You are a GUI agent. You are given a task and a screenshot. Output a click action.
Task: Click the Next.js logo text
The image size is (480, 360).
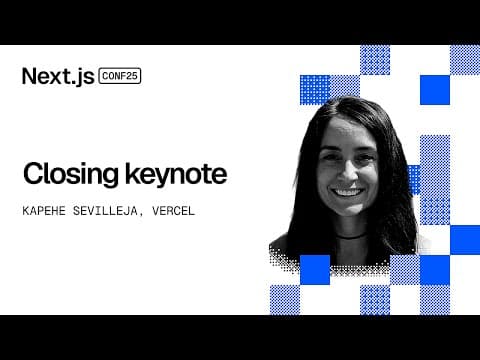point(57,76)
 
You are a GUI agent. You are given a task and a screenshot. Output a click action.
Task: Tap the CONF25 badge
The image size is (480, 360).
point(120,76)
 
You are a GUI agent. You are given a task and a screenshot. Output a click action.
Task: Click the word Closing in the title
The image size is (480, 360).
point(69,175)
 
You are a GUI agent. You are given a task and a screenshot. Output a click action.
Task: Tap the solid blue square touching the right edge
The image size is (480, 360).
point(465,240)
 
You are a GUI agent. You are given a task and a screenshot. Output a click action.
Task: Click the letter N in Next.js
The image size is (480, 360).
point(30,76)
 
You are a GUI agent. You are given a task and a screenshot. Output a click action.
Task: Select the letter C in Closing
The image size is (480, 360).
point(33,175)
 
